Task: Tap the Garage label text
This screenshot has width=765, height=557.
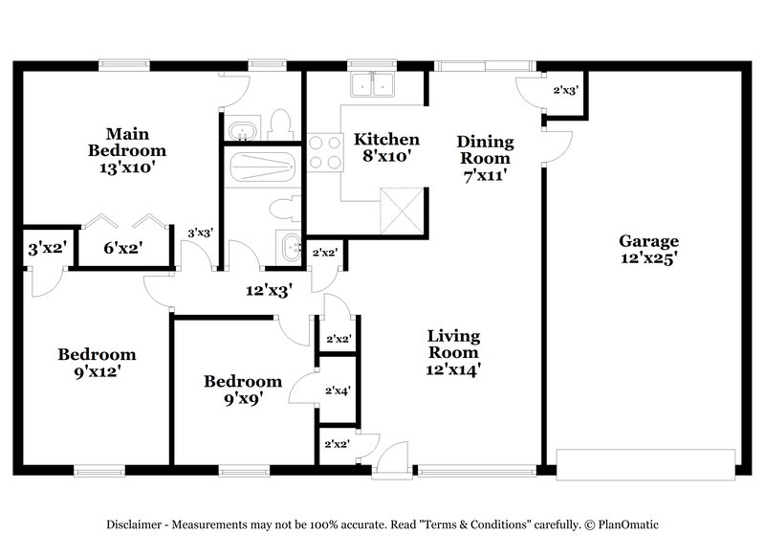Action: tap(647, 241)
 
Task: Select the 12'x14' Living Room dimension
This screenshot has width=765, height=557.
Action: tap(453, 368)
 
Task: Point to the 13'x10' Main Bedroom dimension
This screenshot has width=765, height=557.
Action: tap(126, 167)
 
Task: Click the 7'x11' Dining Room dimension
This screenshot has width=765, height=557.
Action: tap(486, 175)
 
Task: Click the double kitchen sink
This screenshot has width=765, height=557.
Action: tap(374, 86)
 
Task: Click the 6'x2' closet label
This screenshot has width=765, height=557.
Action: tap(124, 249)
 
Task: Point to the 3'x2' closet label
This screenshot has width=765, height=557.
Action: tap(45, 249)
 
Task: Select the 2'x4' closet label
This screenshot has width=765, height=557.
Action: tap(338, 390)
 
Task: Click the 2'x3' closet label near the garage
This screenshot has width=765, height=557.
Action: tap(565, 92)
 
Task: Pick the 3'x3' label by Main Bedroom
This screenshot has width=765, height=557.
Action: tap(199, 233)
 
